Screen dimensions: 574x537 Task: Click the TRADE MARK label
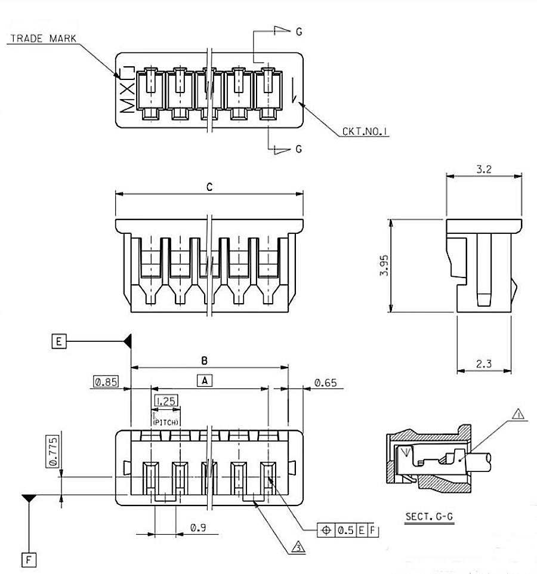[x=44, y=38]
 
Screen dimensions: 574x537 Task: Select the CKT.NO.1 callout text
[x=365, y=132]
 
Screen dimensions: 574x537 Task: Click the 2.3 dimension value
[x=484, y=363]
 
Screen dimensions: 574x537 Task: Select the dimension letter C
[x=209, y=187]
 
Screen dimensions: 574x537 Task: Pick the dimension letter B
[x=204, y=360]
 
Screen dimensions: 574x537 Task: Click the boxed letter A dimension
[x=204, y=380]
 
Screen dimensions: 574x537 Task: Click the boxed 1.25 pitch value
[x=165, y=401]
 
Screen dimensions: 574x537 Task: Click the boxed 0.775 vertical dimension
[x=52, y=452]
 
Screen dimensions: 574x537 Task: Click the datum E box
[x=58, y=341]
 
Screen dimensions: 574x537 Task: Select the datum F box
[x=29, y=560]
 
